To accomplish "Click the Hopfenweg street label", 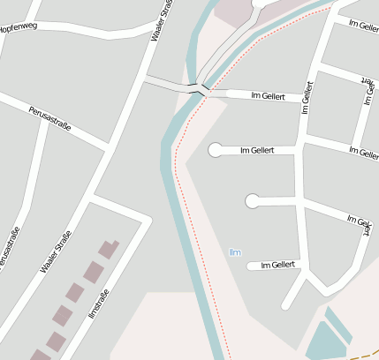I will pos(17,28).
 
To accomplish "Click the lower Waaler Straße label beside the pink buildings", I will pos(55,251).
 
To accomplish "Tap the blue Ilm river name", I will pos(234,252).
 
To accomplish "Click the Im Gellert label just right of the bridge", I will pos(269,94).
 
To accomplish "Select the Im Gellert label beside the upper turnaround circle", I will pos(257,150).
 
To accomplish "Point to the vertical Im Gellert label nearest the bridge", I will pos(307,99).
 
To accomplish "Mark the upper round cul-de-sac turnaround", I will pos(215,150).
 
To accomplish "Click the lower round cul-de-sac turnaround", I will pos(253,201).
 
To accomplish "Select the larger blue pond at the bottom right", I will pos(324,341).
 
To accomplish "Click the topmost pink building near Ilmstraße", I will pos(110,249).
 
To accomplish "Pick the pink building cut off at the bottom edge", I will pos(41,355).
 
